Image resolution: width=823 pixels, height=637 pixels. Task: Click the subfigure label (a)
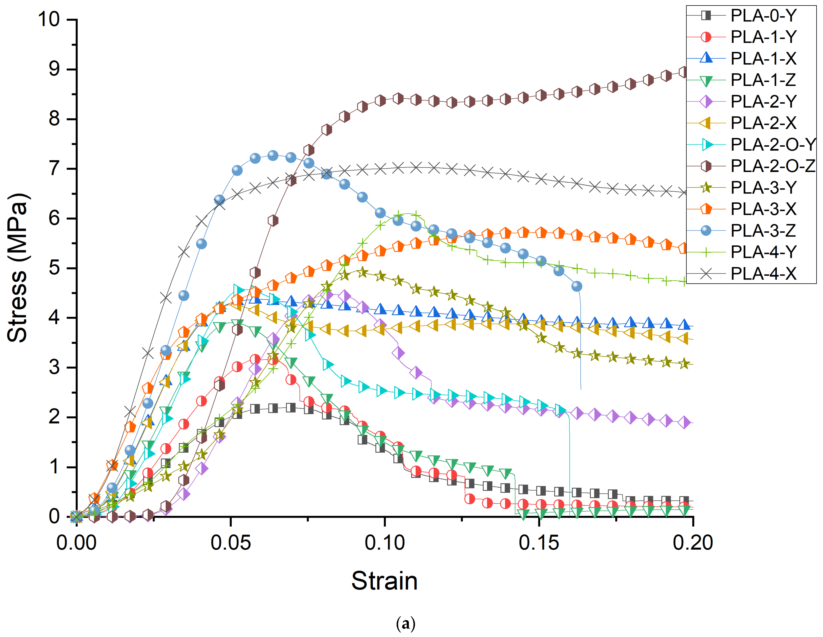tap(405, 624)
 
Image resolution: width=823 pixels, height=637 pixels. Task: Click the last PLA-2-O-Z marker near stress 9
tap(684, 72)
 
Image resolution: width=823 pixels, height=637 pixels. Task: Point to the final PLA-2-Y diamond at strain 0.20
tap(684, 423)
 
